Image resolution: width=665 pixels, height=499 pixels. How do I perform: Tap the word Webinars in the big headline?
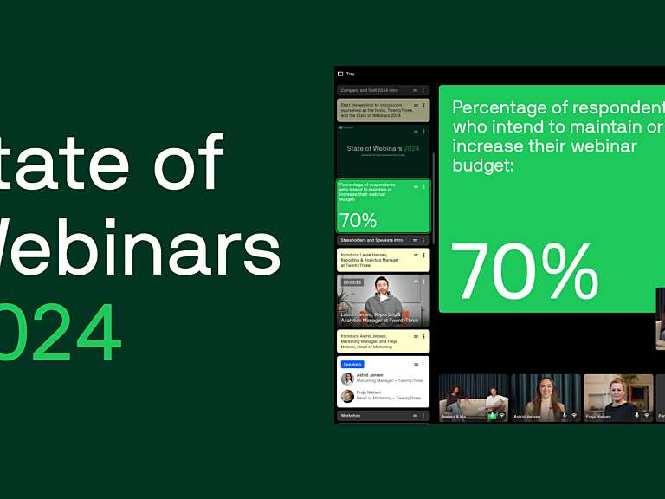139,246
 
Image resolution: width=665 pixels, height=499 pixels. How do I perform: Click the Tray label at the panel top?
351,74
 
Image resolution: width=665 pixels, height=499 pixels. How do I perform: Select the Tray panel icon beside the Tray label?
340,74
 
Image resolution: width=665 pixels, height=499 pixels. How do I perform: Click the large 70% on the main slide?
525,270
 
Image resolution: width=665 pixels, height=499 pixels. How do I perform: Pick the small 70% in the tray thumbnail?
358,220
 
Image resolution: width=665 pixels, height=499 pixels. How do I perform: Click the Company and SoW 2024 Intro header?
370,90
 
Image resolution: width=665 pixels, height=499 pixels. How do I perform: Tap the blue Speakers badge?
352,365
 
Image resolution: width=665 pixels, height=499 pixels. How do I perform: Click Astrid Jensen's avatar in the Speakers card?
347,379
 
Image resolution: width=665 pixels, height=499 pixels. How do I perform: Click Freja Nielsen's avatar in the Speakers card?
347,396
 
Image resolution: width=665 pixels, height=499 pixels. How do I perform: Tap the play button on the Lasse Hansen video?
383,300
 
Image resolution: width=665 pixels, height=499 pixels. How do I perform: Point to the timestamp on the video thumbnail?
352,282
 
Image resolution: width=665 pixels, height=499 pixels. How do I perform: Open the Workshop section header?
351,416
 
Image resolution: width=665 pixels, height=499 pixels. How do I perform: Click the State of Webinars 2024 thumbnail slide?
383,152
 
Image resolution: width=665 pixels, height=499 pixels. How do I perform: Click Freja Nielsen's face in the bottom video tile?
617,392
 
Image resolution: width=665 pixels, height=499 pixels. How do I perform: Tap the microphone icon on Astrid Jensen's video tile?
565,415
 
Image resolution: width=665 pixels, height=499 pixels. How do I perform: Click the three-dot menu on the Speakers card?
423,365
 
